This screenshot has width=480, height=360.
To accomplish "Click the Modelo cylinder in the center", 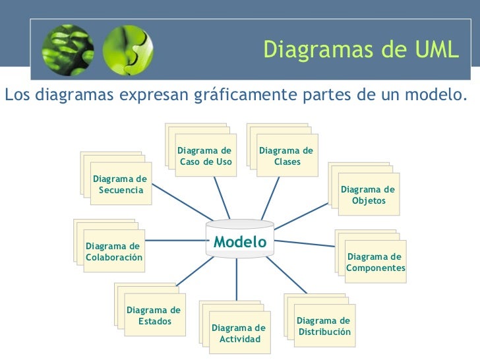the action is pos(240,242).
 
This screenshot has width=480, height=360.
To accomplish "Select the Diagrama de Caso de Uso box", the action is pos(205,157).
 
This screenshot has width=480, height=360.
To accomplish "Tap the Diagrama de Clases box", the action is pos(287,157).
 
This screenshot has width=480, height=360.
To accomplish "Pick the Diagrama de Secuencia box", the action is pos(120,185).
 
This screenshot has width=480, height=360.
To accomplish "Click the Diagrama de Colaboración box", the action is pos(114,252).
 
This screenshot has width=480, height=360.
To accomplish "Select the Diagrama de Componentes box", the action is pos(375,262).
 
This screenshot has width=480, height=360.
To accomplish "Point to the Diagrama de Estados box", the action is pos(154,315).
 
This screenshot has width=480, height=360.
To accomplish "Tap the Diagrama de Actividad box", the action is pos(239,333).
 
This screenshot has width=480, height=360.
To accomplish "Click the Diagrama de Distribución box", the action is pos(324,326).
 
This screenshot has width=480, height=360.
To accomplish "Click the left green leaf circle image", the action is pos(67,51).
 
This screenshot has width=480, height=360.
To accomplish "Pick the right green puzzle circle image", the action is pos(127,51).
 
